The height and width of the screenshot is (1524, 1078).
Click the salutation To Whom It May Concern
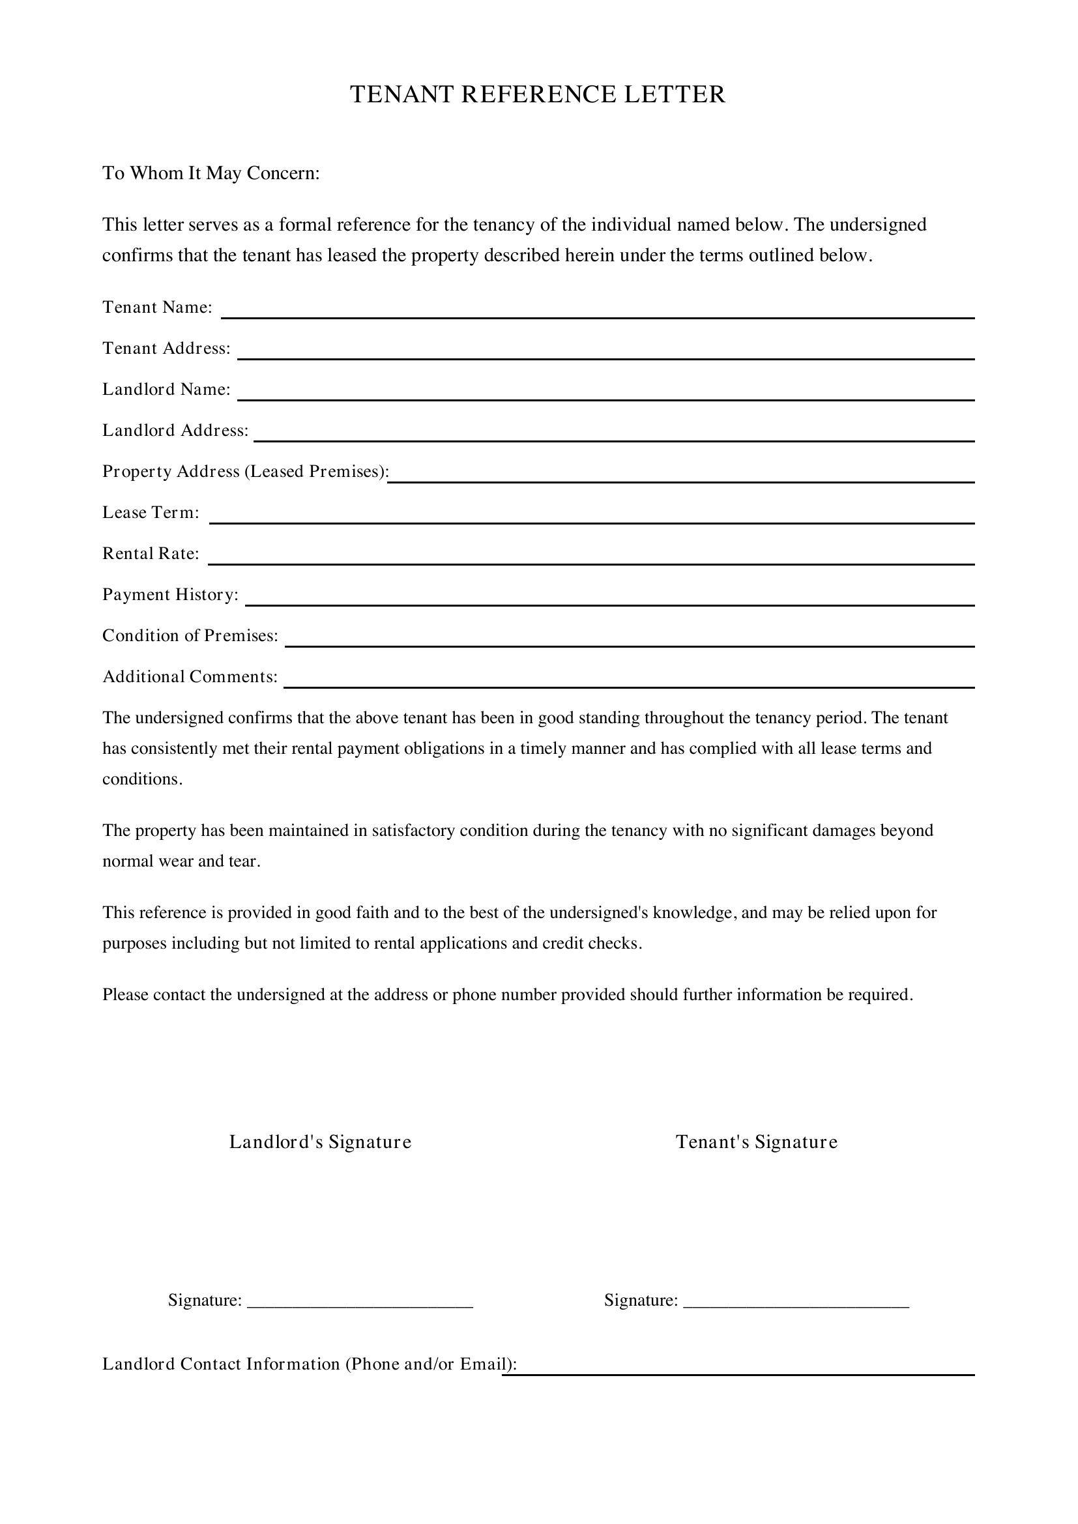tap(211, 173)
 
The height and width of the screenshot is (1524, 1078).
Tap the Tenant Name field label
tap(156, 308)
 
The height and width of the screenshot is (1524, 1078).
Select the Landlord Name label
tap(166, 390)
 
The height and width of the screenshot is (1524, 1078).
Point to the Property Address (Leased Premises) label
tap(245, 471)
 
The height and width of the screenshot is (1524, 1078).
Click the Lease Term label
tap(150, 512)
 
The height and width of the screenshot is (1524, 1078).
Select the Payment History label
tap(170, 595)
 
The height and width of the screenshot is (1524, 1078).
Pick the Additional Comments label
tap(190, 677)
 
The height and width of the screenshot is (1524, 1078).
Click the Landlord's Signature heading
tap(320, 1142)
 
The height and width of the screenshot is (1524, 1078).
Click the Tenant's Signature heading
tap(756, 1142)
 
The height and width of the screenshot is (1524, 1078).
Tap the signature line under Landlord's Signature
tap(360, 1305)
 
